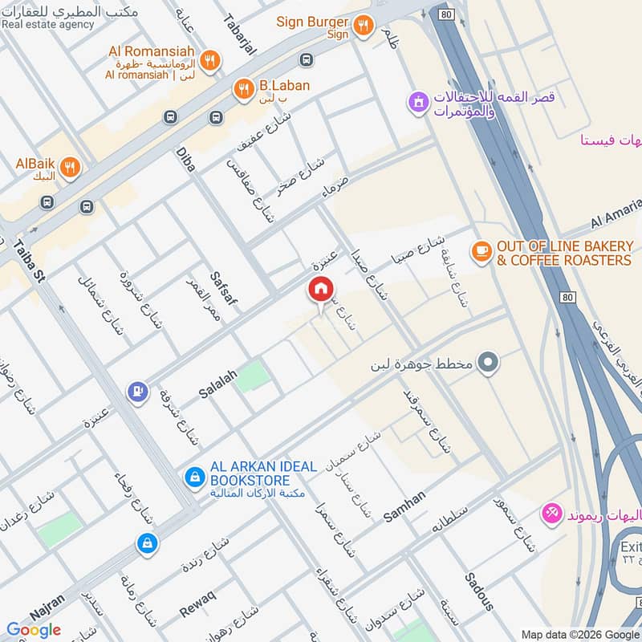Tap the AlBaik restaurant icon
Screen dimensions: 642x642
coord(70,167)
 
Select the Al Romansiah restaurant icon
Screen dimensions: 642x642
coord(209,59)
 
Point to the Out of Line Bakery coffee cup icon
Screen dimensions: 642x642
coord(481,251)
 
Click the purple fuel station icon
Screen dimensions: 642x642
coord(138,391)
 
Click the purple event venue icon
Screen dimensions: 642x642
coord(416,103)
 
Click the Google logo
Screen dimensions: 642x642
coord(34,629)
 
